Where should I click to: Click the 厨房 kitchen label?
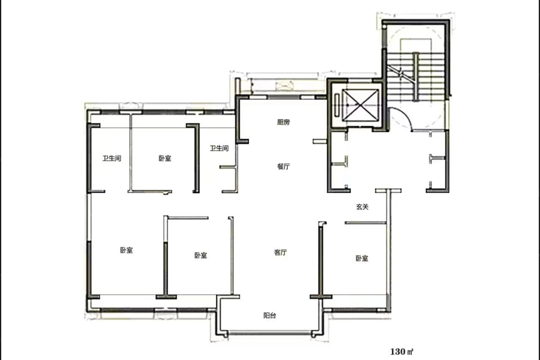click(x=283, y=122)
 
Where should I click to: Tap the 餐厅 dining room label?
click(x=283, y=166)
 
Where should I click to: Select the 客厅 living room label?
click(x=280, y=252)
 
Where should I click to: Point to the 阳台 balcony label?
click(x=270, y=315)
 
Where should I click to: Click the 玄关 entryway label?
click(x=362, y=207)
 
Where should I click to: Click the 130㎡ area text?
click(x=402, y=352)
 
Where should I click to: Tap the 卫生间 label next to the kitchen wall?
click(x=219, y=148)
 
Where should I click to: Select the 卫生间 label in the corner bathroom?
click(x=112, y=159)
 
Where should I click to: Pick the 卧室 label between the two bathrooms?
click(x=165, y=159)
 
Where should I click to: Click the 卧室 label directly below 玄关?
click(x=362, y=259)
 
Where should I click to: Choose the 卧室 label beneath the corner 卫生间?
click(x=127, y=250)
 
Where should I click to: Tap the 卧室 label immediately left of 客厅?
click(x=201, y=255)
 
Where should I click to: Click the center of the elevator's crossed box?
click(x=360, y=105)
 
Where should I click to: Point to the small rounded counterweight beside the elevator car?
click(x=337, y=105)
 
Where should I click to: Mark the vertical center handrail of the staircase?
click(x=415, y=77)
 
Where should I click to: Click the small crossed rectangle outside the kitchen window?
click(x=285, y=86)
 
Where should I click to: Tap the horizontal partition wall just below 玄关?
click(x=366, y=223)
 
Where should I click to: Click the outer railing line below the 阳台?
click(x=270, y=333)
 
